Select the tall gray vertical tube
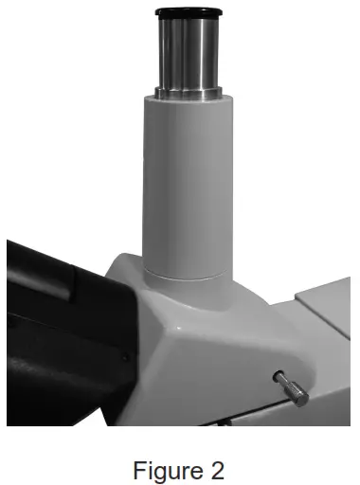(x=184, y=180)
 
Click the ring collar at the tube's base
(x=184, y=275)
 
